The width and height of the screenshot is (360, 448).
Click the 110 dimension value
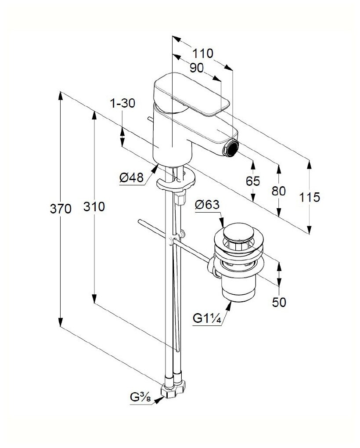(203, 54)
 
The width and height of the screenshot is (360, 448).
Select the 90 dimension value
(197, 68)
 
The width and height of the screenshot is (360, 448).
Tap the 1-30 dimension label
(122, 104)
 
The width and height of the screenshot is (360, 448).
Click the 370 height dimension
(60, 210)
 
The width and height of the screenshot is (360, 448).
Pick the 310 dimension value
(94, 206)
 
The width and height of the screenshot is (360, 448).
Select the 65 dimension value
(253, 181)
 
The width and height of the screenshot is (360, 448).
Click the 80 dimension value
(278, 191)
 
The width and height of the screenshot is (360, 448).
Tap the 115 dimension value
(310, 197)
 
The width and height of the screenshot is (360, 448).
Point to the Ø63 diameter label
(207, 205)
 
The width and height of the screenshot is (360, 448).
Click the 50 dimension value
(279, 302)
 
